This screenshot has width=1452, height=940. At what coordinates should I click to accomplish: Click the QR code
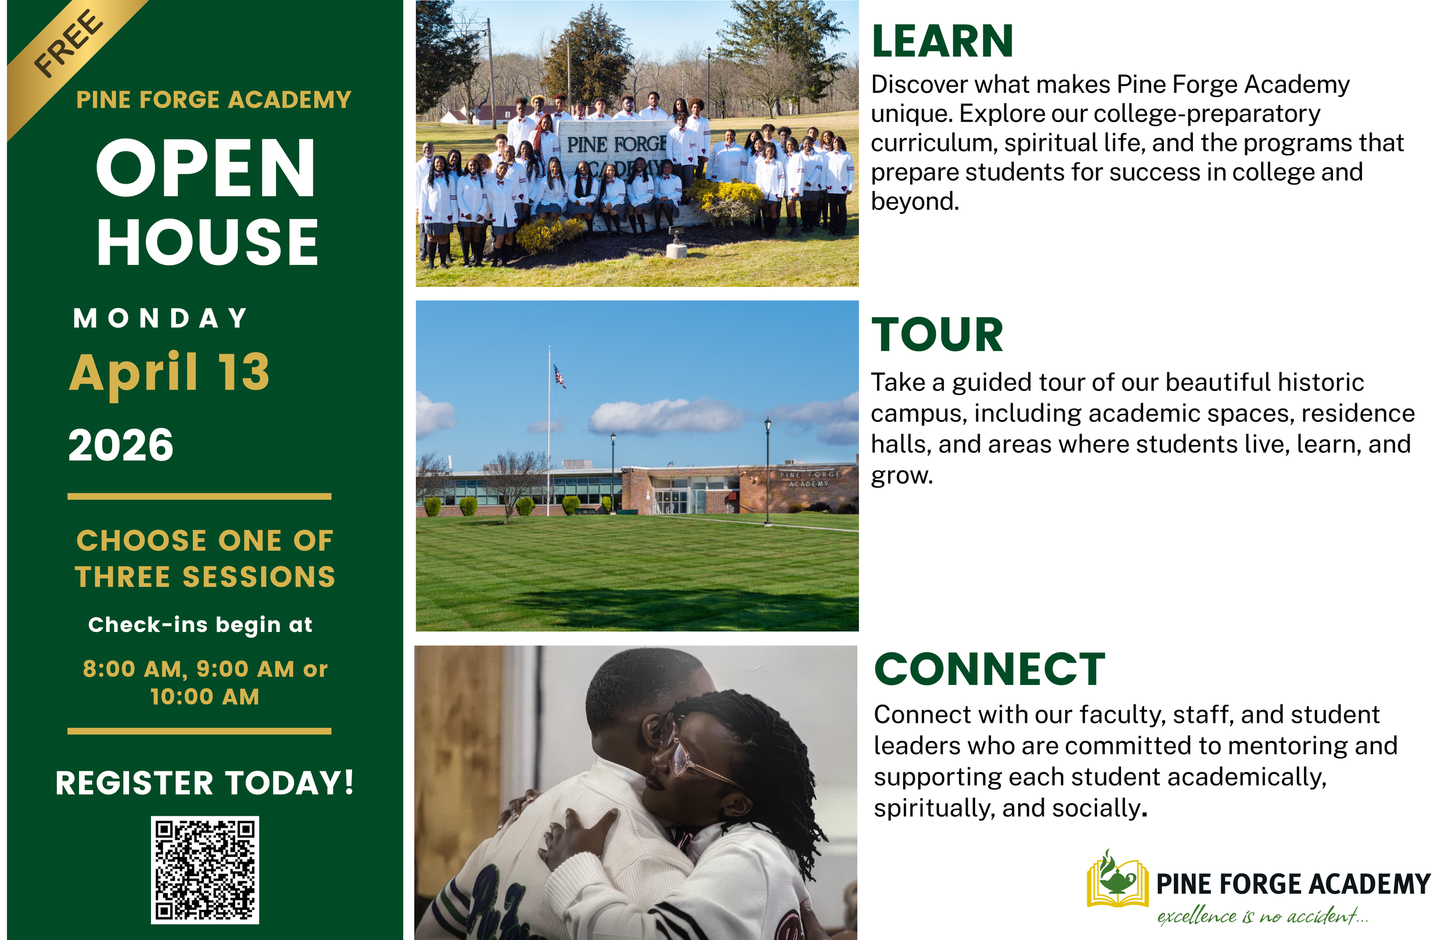[x=205, y=869]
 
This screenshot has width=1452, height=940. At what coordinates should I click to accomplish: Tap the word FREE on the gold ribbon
[x=69, y=44]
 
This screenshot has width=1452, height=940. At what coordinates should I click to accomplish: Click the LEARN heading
[x=942, y=41]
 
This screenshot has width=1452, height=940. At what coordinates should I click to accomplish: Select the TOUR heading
[x=937, y=335]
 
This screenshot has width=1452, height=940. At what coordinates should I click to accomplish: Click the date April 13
[x=170, y=372]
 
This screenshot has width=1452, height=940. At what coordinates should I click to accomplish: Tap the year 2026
[x=121, y=445]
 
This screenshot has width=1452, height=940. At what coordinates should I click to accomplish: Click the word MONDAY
[x=160, y=318]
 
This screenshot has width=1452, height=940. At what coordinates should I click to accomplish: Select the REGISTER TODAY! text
[x=204, y=783]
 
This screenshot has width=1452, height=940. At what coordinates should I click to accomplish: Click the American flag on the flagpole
[x=559, y=375]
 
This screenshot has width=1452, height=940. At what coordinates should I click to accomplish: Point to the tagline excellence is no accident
[x=1263, y=916]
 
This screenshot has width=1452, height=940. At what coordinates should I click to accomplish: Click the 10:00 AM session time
[x=205, y=697]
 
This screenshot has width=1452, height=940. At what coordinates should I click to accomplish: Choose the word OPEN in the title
[x=206, y=168]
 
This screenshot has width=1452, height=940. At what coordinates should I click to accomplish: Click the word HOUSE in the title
[x=207, y=242]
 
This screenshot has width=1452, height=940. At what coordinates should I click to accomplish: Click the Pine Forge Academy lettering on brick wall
[x=810, y=479]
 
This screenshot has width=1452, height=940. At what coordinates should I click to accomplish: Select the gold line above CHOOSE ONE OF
[x=199, y=496]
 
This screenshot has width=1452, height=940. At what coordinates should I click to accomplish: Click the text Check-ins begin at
[x=200, y=625]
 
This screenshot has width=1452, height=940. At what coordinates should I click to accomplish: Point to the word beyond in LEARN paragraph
[x=915, y=202]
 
